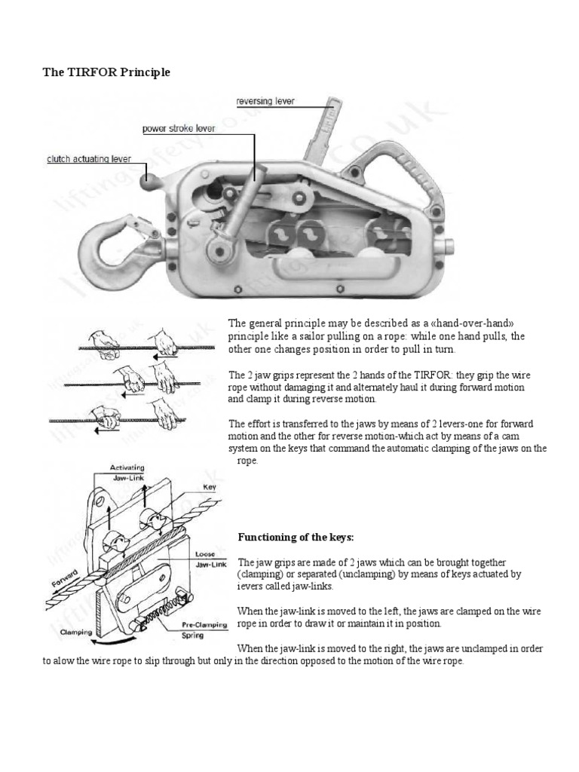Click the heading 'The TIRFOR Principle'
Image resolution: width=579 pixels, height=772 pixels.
(105, 72)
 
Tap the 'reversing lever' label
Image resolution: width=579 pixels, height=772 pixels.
(265, 100)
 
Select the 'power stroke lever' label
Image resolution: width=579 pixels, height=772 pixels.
(179, 128)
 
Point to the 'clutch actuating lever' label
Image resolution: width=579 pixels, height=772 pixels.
(88, 159)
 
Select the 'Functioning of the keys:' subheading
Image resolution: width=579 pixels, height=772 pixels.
(296, 538)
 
